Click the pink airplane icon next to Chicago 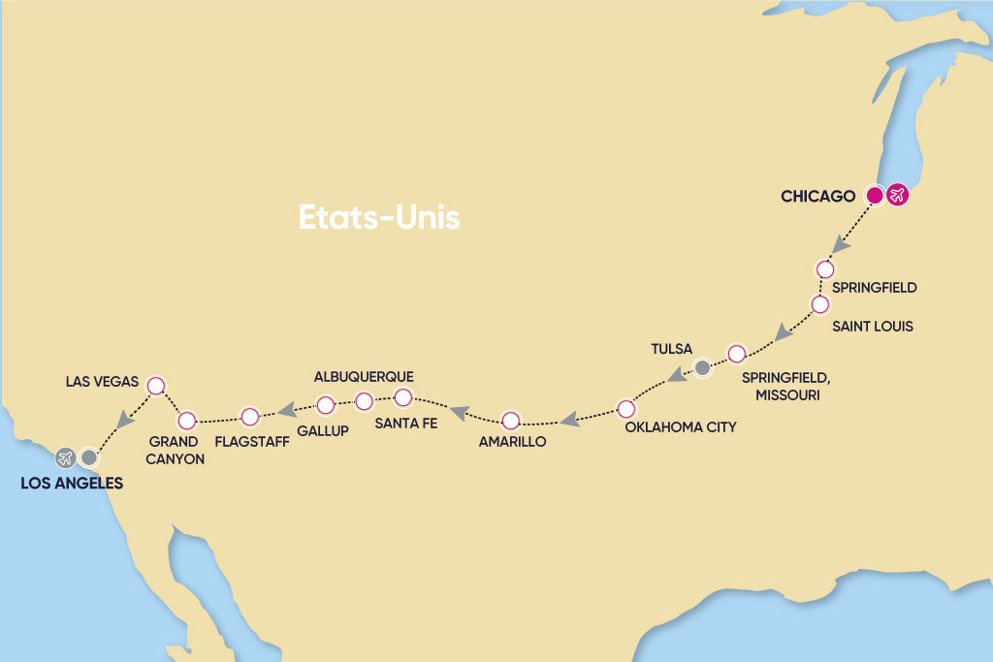coord(897,196)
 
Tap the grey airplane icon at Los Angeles coord(65,457)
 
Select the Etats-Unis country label coord(378,217)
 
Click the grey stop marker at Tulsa coord(702,367)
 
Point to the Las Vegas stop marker coord(154,386)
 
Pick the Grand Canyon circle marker coord(185,421)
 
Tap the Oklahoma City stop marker coord(626,407)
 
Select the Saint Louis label coord(873,327)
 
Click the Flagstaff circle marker coord(249,417)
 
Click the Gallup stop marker coord(326,404)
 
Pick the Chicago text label coord(817,197)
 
